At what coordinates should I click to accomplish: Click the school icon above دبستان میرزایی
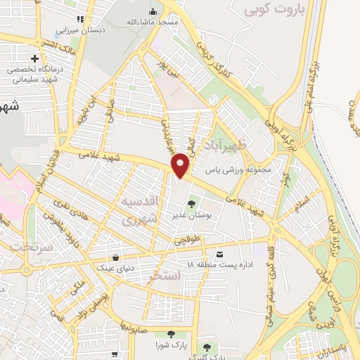click(81, 19)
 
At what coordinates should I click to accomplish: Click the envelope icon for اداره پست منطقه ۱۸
click(221, 254)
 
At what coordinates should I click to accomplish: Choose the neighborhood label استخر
click(166, 276)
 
